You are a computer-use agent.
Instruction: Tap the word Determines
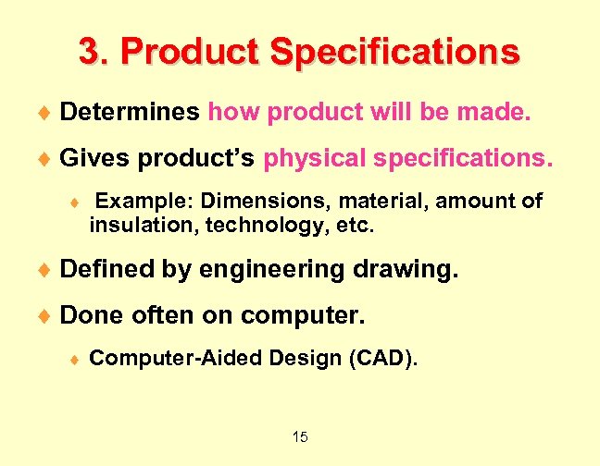[x=130, y=113]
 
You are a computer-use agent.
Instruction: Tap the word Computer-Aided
[x=171, y=357]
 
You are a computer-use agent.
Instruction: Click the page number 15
[x=299, y=436]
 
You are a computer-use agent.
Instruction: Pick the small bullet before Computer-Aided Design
[x=76, y=359]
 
